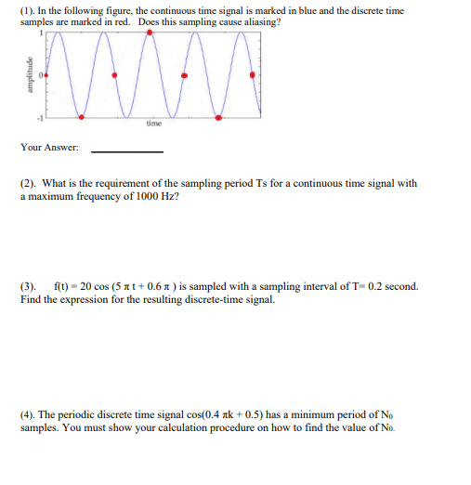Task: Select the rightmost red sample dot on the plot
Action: pyautogui.click(x=252, y=74)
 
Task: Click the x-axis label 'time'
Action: pyautogui.click(x=153, y=124)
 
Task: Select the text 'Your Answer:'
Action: pyautogui.click(x=49, y=148)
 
